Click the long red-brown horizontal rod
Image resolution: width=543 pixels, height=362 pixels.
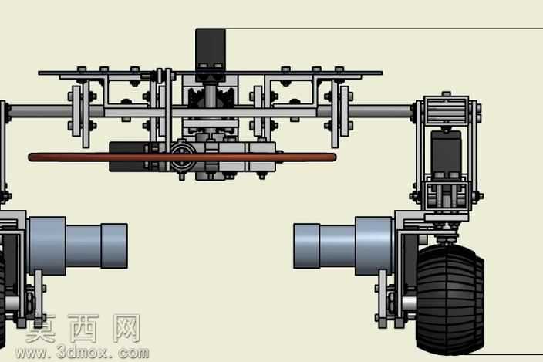click(182, 157)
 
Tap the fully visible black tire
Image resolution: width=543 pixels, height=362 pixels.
click(450, 299)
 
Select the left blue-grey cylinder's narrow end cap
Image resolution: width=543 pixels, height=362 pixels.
click(114, 246)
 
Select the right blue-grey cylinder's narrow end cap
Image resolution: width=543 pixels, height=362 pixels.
click(306, 246)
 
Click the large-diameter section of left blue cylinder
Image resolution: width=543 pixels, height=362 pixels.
click(48, 246)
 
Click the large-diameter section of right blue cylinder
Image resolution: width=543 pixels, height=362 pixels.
click(373, 246)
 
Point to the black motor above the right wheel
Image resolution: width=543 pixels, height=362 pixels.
click(447, 152)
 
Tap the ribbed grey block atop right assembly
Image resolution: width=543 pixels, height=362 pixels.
click(447, 110)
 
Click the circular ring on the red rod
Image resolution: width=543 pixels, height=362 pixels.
click(183, 157)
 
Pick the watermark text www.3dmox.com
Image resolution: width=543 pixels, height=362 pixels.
click(83, 353)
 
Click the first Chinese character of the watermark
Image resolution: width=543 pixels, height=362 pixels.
click(40, 328)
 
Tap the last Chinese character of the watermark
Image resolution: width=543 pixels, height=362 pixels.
click(126, 328)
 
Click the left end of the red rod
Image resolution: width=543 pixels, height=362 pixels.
click(29, 157)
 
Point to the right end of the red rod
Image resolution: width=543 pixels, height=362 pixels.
click(336, 157)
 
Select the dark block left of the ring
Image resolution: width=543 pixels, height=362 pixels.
click(130, 157)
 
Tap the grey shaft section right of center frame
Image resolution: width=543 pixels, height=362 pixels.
click(381, 112)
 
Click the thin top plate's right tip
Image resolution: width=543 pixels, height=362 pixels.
click(382, 73)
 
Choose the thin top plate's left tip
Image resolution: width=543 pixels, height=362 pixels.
click(39, 73)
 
